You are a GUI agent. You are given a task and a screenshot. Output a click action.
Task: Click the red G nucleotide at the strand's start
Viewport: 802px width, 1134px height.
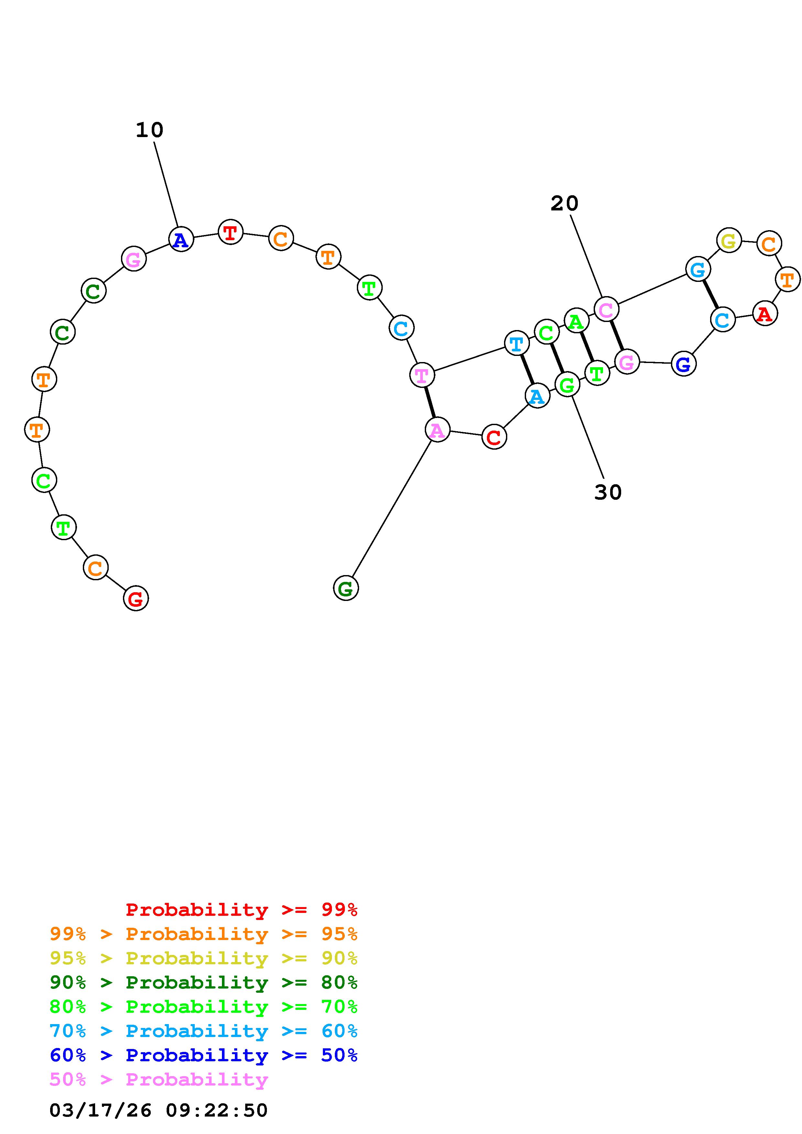point(136,599)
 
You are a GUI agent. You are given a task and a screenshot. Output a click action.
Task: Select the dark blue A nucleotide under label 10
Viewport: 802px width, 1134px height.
point(181,240)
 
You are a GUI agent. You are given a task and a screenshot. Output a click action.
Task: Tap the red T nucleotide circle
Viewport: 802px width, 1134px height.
point(230,232)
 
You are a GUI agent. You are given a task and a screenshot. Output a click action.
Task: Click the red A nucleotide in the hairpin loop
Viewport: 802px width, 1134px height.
point(764,313)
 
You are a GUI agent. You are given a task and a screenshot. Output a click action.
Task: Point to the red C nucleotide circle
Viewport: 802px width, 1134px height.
point(494,437)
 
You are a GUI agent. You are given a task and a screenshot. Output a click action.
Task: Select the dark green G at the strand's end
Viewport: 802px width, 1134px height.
point(346,588)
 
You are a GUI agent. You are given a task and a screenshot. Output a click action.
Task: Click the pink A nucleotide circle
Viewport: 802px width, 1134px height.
point(437,430)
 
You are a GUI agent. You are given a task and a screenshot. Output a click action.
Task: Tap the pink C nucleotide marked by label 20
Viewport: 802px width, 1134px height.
point(606,310)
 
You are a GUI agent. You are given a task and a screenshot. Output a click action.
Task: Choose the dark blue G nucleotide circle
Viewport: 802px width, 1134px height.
point(683,364)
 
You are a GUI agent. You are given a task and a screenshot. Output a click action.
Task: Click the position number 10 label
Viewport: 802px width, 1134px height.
point(149,130)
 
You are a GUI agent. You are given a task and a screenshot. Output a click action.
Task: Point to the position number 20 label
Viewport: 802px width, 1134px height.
point(564,203)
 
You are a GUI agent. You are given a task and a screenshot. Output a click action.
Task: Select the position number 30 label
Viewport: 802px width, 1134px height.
point(607,492)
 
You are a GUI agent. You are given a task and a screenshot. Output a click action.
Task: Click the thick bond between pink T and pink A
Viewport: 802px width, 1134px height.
point(429,402)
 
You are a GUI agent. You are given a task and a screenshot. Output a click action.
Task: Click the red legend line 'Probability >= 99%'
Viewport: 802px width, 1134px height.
point(241,909)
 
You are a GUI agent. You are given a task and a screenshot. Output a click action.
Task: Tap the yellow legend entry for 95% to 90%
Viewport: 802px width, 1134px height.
point(203,958)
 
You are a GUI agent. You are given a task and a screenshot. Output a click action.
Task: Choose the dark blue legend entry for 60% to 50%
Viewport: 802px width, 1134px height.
point(203,1055)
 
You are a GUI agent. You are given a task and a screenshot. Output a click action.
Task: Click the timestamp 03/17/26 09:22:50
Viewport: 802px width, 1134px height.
point(158,1110)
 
